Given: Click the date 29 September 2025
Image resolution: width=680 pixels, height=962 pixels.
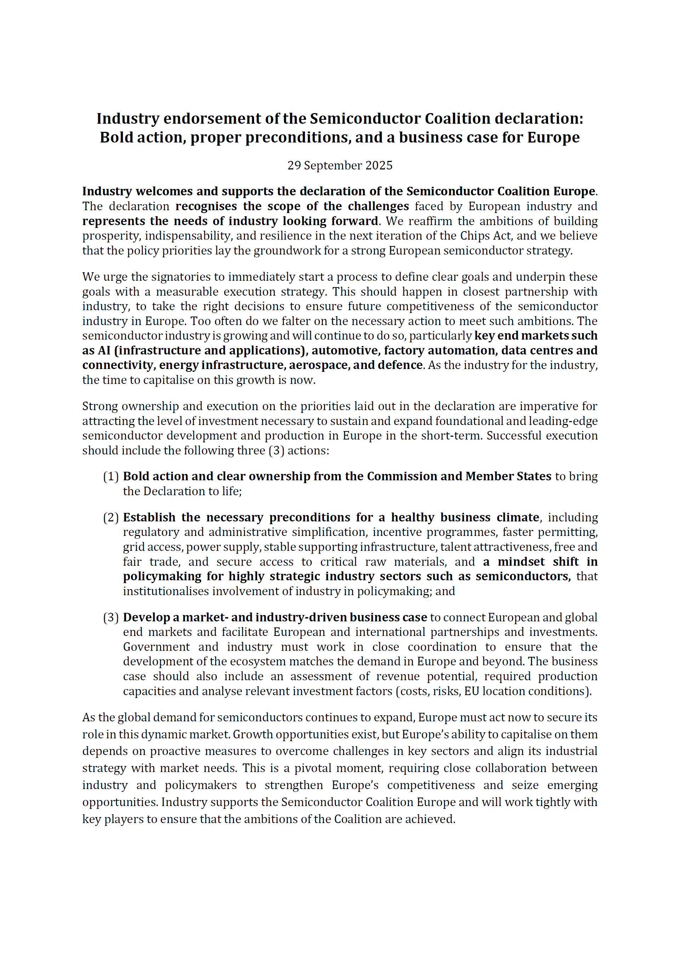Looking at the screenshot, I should point(340,166).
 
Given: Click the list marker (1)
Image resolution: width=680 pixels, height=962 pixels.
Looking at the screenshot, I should point(111,476).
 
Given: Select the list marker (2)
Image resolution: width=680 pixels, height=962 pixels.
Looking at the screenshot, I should point(111,518).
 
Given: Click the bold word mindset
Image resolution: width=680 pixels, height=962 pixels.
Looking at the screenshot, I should point(521,562).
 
